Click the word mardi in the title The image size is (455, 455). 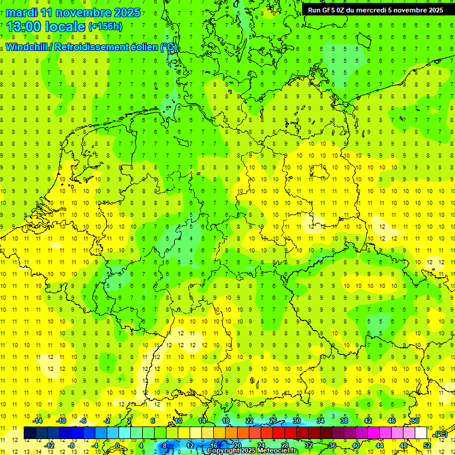click(23, 12)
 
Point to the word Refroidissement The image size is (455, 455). click(93, 47)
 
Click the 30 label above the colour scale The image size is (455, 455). click(297, 421)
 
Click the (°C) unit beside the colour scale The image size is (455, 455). click(440, 434)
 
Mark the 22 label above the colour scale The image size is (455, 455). click(249, 421)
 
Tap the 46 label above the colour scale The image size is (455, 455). click(392, 421)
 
